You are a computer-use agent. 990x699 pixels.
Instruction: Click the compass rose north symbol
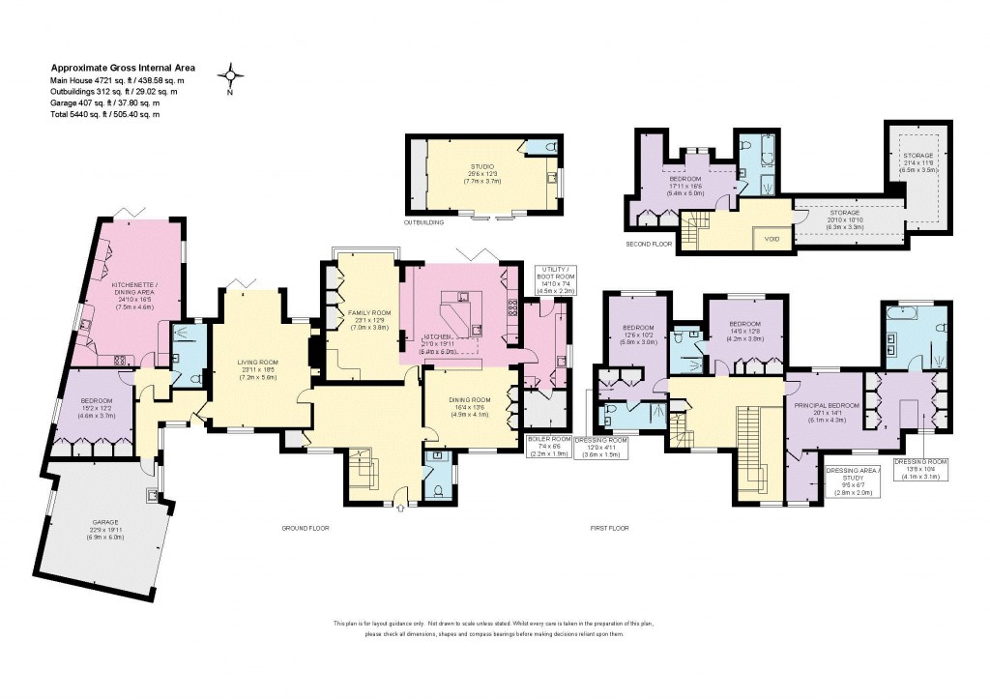click(x=230, y=75)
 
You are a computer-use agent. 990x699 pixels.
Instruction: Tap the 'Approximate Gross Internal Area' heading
click(x=123, y=68)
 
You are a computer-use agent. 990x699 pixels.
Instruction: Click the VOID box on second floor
click(x=772, y=237)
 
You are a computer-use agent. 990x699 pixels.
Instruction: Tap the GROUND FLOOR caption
click(x=306, y=529)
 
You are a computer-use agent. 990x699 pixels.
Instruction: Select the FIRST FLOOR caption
click(x=610, y=529)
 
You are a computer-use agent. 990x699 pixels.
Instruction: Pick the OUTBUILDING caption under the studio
click(x=423, y=222)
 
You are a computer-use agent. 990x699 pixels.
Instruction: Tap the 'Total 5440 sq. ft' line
click(x=104, y=114)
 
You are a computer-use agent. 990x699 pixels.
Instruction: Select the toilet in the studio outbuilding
click(x=550, y=147)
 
